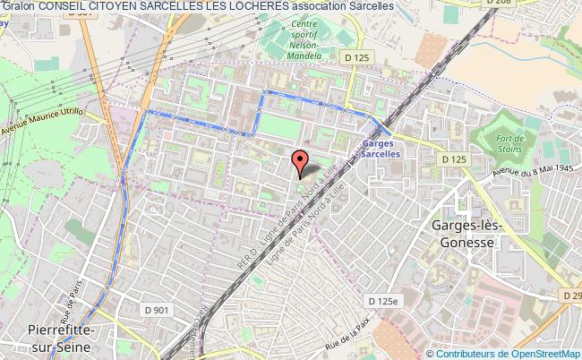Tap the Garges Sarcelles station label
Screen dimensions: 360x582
389,148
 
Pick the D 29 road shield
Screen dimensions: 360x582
571,294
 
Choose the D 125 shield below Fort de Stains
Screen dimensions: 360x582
456,159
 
